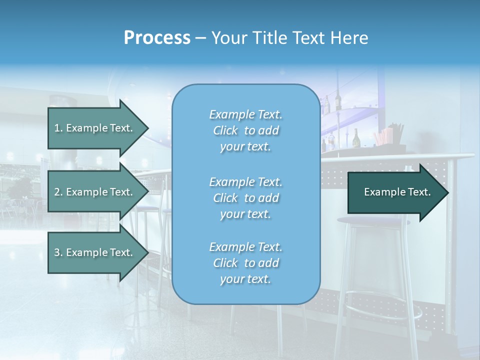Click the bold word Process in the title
point(157,38)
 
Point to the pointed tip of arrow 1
point(147,128)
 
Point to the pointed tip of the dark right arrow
point(447,192)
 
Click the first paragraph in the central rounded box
point(245,130)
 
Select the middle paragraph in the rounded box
point(245,198)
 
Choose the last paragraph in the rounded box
point(245,263)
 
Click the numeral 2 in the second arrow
point(57,192)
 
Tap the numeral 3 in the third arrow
point(57,252)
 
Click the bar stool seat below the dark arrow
point(372,221)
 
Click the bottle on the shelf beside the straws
point(356,138)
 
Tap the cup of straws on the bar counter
point(390,137)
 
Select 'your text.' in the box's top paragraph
point(245,147)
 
